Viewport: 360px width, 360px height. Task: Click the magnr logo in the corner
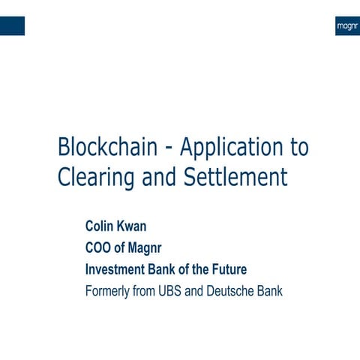tap(346, 25)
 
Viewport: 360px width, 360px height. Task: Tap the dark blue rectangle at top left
tap(12, 25)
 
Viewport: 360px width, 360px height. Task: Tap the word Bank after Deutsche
tap(268, 290)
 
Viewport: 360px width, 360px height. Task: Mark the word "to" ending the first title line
tap(298, 147)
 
